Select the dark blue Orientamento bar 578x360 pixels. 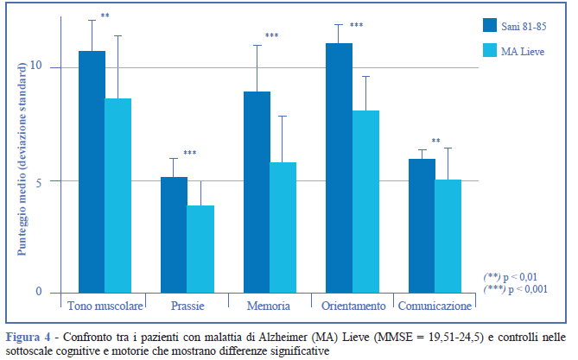(339, 167)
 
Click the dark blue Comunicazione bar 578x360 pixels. (422, 225)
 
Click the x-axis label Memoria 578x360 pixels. (268, 306)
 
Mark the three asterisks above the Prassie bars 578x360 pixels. (189, 154)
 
